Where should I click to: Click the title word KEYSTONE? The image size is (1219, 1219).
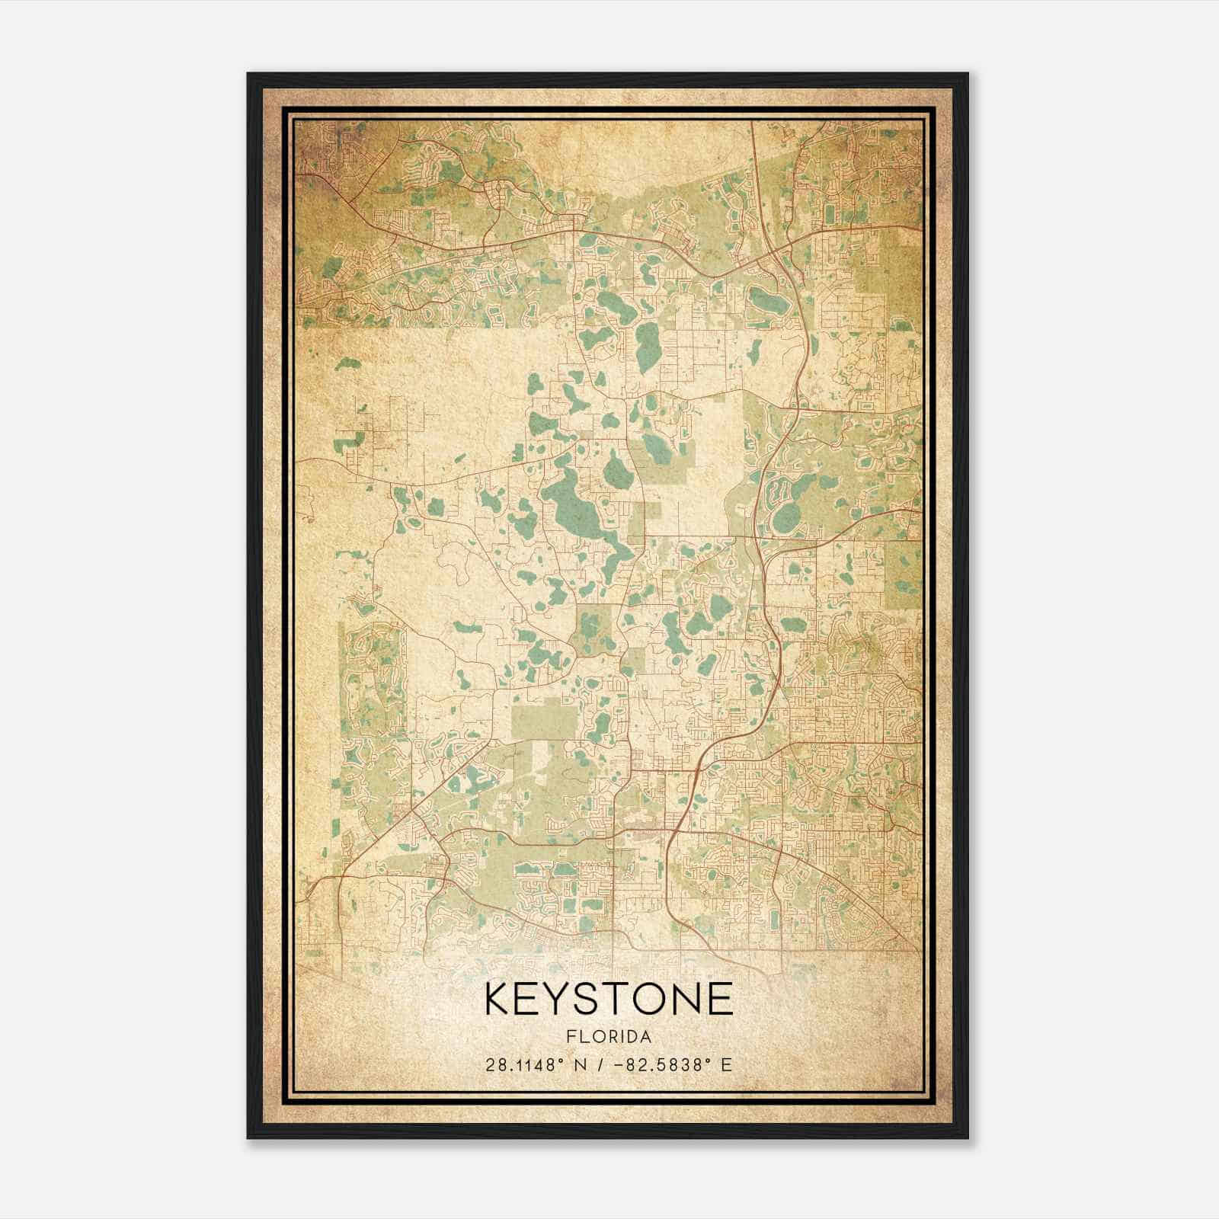coord(608,999)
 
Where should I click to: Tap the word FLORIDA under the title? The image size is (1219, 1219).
coord(608,1037)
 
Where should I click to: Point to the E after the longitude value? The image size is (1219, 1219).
coord(726,1064)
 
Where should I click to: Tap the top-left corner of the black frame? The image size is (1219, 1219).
coord(249,75)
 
